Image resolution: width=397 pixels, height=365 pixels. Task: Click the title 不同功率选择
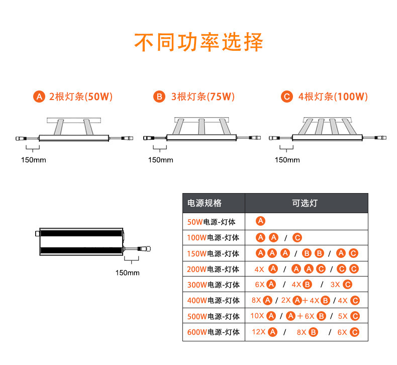[198, 42]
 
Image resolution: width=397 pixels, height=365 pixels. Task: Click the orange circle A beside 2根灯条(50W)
[39, 97]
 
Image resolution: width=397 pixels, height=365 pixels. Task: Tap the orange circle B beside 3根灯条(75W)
[159, 97]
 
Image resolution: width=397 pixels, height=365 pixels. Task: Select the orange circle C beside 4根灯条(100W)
[287, 97]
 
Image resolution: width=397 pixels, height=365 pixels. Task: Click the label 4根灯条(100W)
[333, 97]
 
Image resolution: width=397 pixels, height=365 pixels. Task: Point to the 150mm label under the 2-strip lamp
[33, 160]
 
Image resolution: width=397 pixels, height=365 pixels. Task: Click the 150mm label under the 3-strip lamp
[160, 160]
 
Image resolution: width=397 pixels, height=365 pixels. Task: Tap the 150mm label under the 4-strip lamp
[287, 160]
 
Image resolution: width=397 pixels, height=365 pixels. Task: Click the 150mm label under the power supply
[127, 273]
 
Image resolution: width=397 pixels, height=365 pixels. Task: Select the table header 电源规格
[205, 203]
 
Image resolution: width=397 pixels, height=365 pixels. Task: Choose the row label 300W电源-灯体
[213, 285]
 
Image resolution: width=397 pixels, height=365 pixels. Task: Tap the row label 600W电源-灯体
[213, 332]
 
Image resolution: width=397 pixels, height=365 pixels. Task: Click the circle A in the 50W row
[261, 221]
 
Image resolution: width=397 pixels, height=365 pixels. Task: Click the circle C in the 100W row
[297, 238]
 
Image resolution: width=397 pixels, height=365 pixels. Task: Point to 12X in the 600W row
[258, 332]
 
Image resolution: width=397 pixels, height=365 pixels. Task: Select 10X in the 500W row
[256, 316]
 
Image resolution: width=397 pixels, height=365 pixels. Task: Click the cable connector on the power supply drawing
[147, 248]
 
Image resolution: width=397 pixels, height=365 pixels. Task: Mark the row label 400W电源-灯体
[213, 301]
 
